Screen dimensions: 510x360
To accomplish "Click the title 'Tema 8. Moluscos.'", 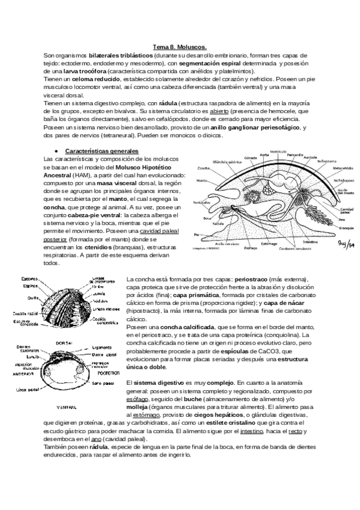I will point(180,46).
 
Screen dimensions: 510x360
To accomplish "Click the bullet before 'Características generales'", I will point(56,150).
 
